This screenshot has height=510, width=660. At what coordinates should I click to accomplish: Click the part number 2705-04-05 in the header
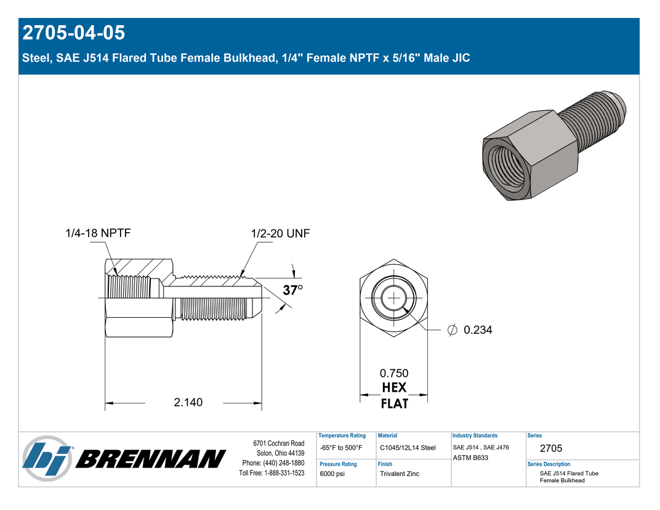coord(74,33)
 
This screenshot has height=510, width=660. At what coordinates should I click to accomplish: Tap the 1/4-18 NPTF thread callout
coord(98,233)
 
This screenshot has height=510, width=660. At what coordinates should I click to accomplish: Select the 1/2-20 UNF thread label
coord(280,233)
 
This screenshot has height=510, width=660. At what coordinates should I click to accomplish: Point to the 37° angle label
coord(292,290)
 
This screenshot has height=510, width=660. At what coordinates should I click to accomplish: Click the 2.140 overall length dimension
coord(188,402)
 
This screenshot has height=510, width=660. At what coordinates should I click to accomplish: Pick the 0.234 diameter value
coord(478,330)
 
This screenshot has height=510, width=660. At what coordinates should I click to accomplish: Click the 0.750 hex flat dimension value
coord(394,373)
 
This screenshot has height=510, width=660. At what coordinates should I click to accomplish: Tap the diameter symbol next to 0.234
coord(452,330)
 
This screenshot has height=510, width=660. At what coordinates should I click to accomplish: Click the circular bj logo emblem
coord(47,459)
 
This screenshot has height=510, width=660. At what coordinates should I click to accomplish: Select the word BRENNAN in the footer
coord(151,459)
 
